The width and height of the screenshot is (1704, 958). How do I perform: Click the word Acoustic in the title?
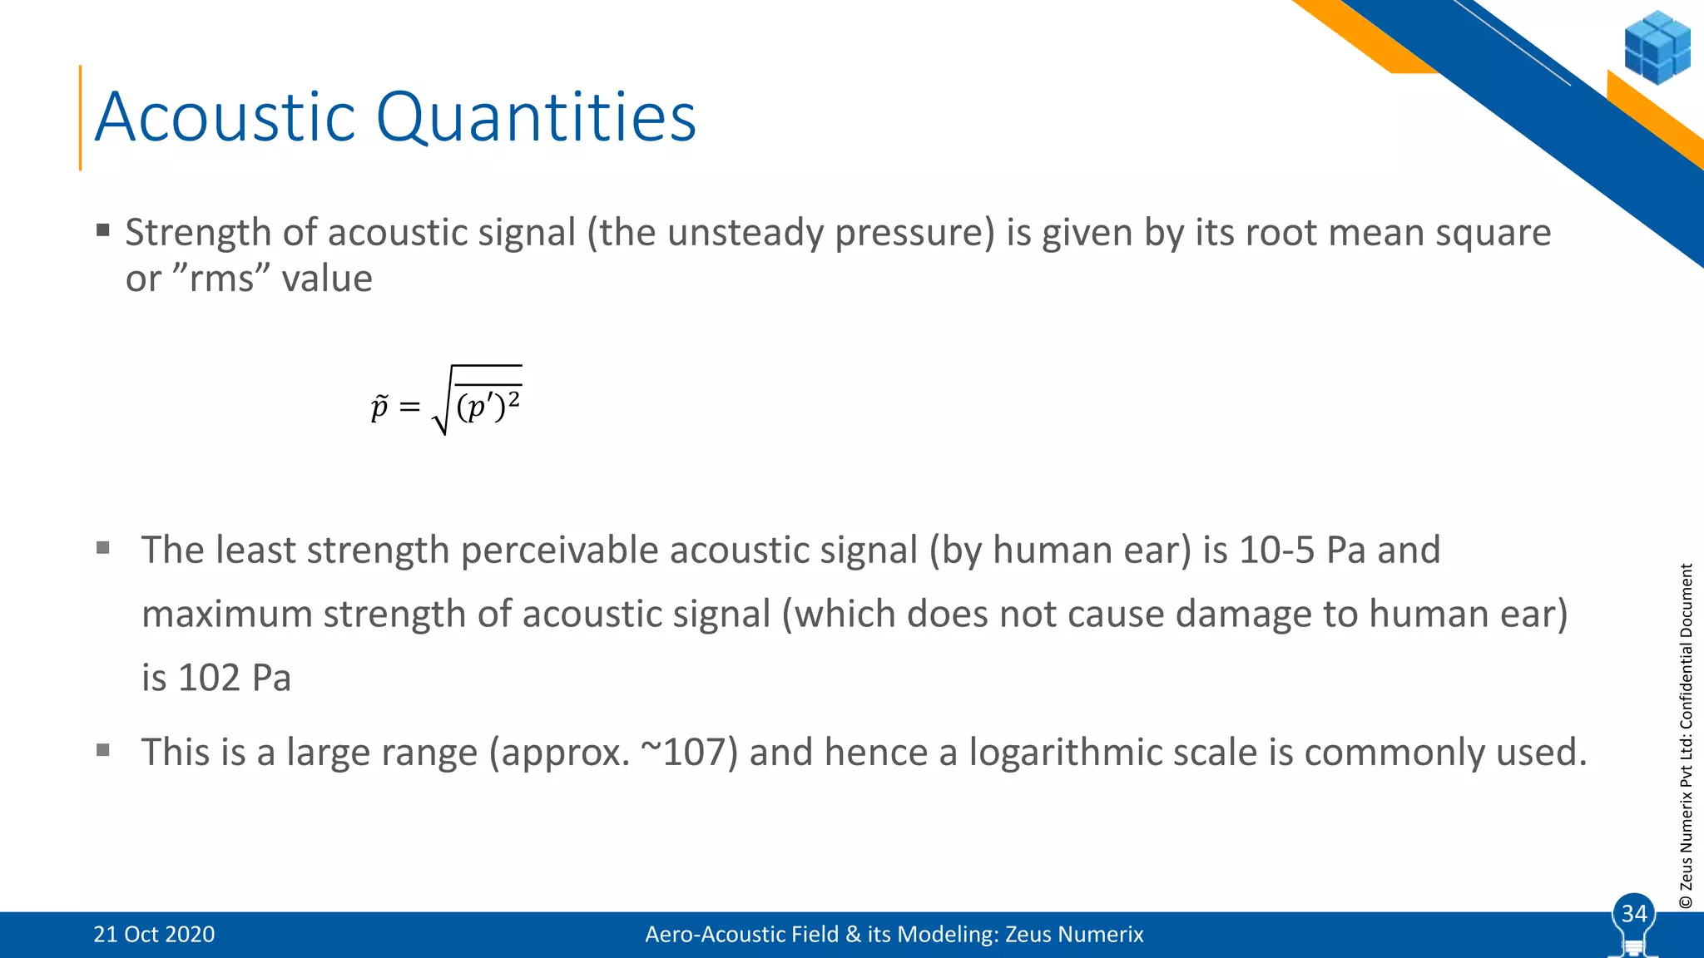point(225,117)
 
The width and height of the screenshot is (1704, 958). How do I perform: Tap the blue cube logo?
point(1657,47)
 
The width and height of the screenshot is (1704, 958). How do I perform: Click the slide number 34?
point(1634,913)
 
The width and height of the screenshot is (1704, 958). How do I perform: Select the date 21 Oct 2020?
point(154,935)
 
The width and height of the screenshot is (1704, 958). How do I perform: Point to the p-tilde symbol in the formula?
point(379,407)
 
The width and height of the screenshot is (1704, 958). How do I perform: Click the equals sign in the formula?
point(409,407)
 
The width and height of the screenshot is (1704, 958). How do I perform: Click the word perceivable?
point(559,551)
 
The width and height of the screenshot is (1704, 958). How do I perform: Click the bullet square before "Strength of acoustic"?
point(103,230)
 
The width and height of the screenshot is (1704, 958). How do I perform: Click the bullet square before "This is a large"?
point(103,751)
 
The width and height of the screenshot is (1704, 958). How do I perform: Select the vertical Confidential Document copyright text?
point(1687,735)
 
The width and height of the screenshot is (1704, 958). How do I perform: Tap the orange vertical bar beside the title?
point(81,117)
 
